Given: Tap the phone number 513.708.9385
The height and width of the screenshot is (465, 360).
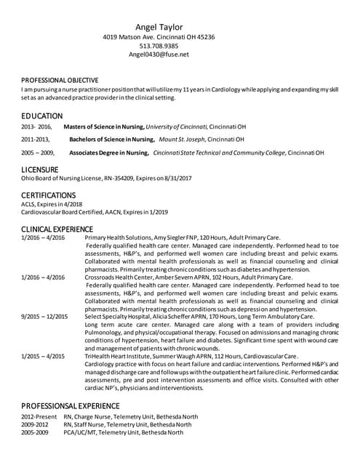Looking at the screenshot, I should coord(159,45).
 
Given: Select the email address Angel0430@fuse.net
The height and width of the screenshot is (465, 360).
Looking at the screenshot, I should coord(159,54).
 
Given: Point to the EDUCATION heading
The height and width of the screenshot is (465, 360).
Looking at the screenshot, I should coord(42,116).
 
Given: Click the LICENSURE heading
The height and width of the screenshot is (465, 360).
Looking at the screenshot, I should coord(40,169).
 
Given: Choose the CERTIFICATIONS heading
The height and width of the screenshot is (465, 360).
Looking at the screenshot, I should coord(49,195).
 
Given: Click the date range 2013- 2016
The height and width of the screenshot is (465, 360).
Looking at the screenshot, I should coord(37,126).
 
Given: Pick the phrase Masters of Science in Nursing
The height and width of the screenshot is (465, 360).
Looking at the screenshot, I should coord(104,126).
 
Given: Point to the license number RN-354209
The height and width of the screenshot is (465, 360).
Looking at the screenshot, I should coord(125,178).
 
